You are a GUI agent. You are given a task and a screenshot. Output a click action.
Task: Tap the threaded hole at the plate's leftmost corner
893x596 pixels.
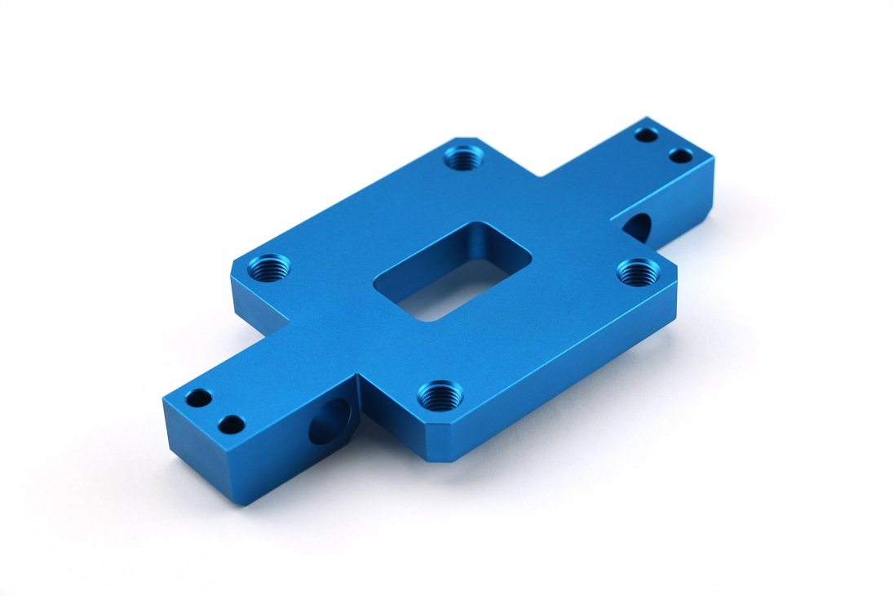pyautogui.click(x=266, y=266)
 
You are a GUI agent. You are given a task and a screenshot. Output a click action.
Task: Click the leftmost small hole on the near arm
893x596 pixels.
pyautogui.click(x=198, y=399)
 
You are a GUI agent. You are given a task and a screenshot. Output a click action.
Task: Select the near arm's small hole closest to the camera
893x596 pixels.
pyautogui.click(x=232, y=425)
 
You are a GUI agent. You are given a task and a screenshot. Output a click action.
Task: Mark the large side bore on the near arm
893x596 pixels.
pyautogui.click(x=329, y=420)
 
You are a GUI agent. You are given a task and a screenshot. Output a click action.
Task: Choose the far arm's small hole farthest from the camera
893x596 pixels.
pyautogui.click(x=646, y=134)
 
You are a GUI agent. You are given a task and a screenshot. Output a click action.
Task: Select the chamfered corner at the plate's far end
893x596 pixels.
pyautogui.click(x=466, y=139)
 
